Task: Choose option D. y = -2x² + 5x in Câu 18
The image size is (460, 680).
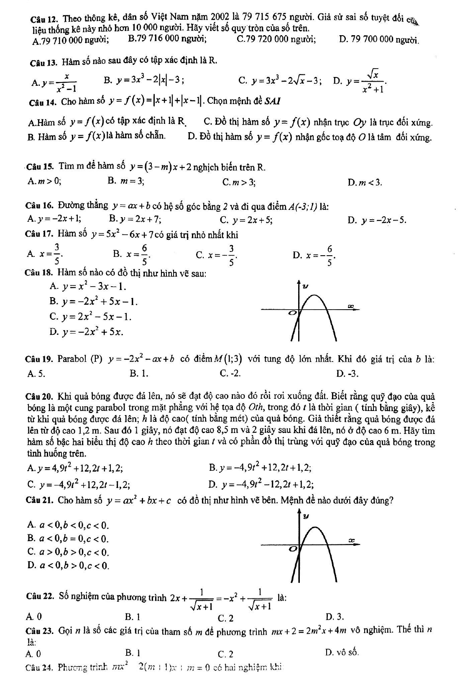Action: [86, 332]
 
